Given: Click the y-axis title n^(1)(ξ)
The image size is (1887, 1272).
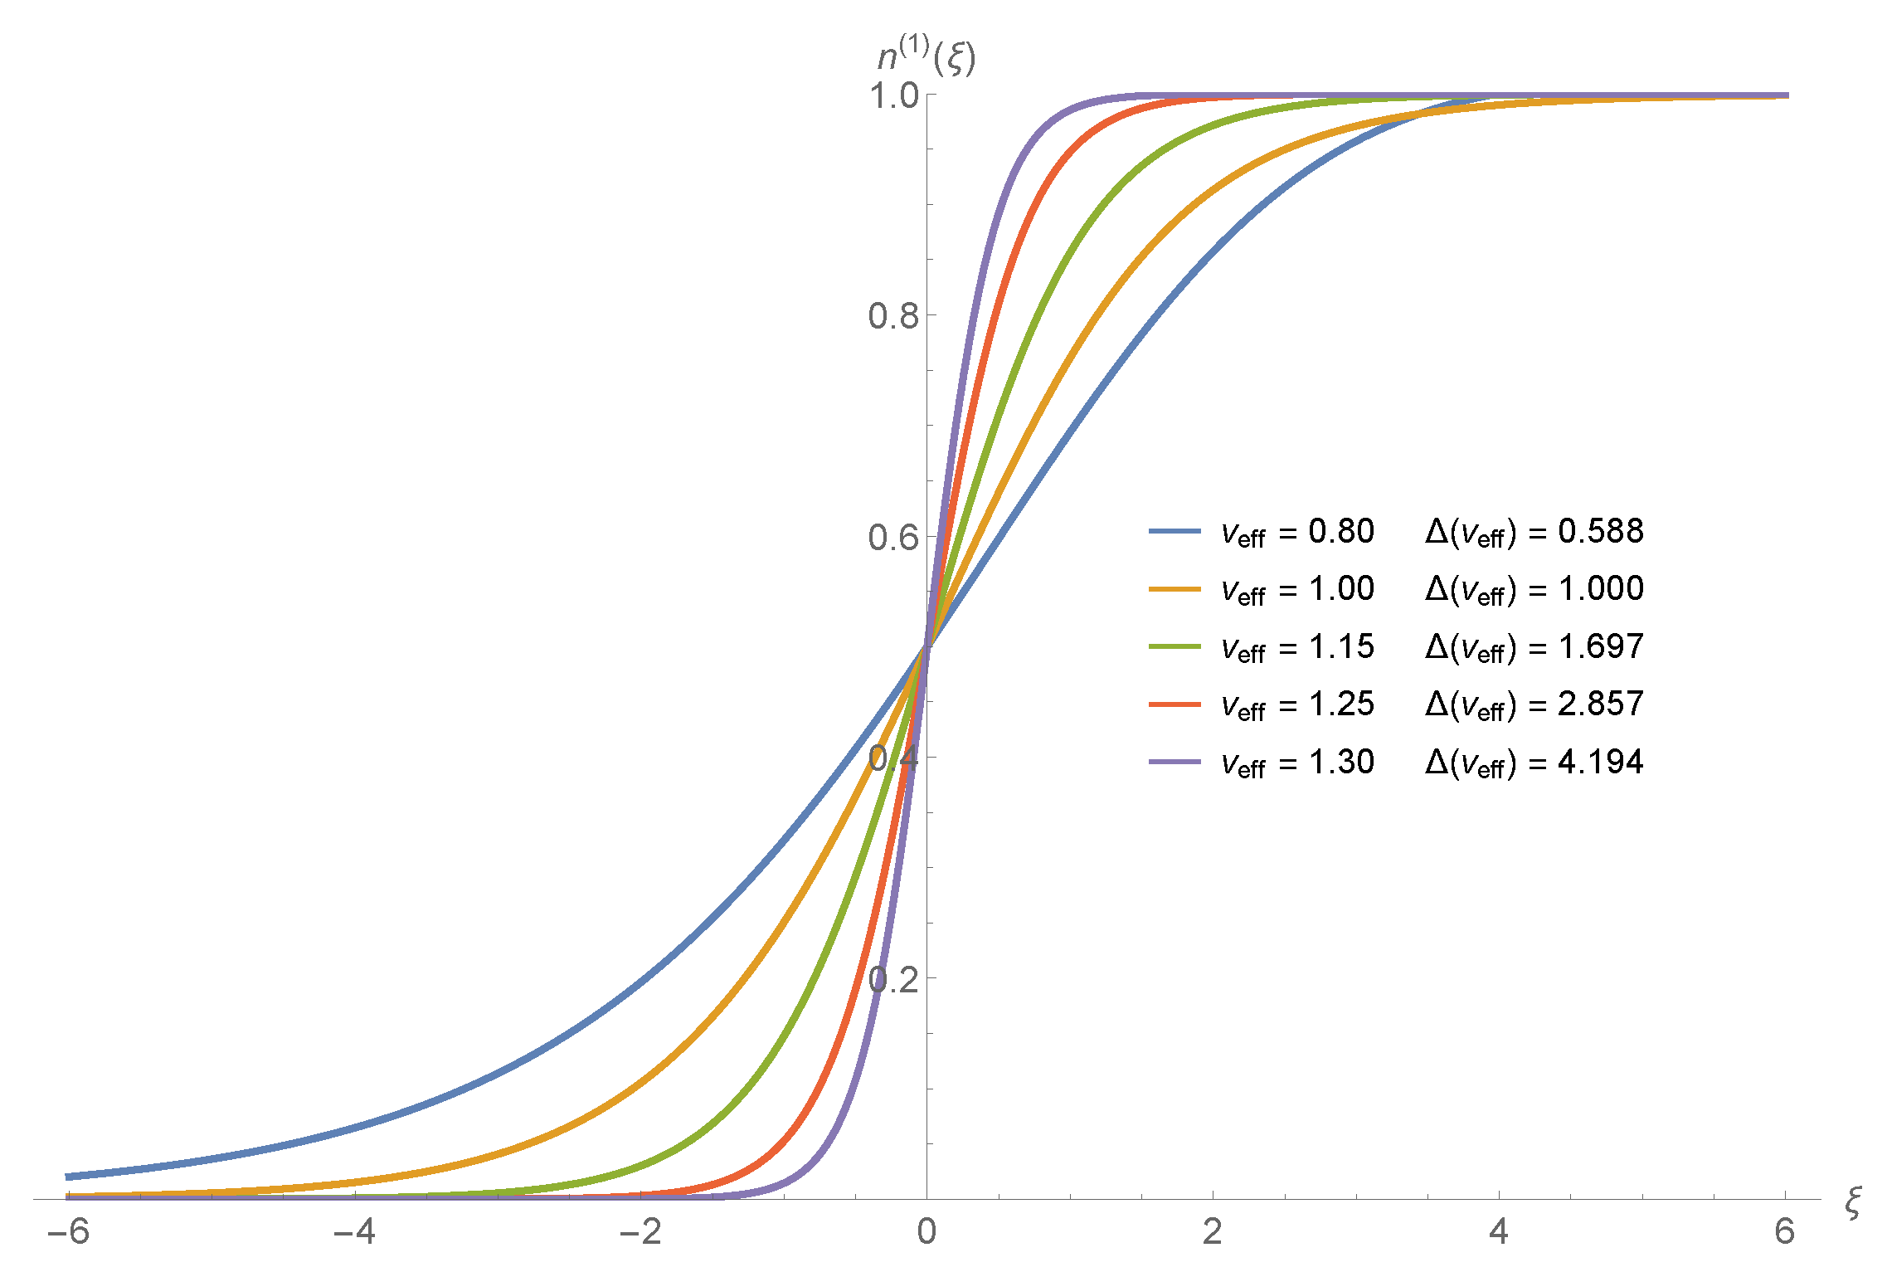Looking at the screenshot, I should (x=926, y=57).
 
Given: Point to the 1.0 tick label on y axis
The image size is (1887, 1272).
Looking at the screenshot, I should (x=894, y=96).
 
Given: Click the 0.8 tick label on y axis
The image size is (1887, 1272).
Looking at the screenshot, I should (x=893, y=316).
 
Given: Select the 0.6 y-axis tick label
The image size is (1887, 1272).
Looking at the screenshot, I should (x=893, y=538).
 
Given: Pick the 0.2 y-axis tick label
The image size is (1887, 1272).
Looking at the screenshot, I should (x=893, y=980).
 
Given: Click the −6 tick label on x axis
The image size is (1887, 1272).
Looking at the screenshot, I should (x=68, y=1232).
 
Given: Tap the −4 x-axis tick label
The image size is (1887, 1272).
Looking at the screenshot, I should (x=354, y=1232).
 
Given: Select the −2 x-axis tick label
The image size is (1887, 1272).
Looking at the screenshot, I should (x=640, y=1232).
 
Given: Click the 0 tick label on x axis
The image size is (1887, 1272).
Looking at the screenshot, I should (x=926, y=1232).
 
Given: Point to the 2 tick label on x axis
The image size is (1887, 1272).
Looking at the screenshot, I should (x=1213, y=1232).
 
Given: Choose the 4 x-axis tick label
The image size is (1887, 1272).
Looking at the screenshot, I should (x=1499, y=1232).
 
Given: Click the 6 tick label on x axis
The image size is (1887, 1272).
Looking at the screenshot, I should (x=1785, y=1232).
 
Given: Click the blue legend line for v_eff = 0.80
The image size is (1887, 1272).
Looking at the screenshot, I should (x=1175, y=531).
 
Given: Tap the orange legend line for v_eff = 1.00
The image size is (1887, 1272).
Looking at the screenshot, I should (x=1175, y=589).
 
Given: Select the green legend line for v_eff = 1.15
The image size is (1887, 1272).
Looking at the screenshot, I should (x=1175, y=646).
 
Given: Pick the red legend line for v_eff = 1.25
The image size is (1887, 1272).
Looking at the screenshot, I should (x=1175, y=704).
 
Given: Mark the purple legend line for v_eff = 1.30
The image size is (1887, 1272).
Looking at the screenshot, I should (x=1175, y=762).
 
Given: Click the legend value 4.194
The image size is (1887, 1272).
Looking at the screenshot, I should (x=1600, y=762).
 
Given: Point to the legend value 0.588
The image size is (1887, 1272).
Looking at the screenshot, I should (x=1600, y=531).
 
